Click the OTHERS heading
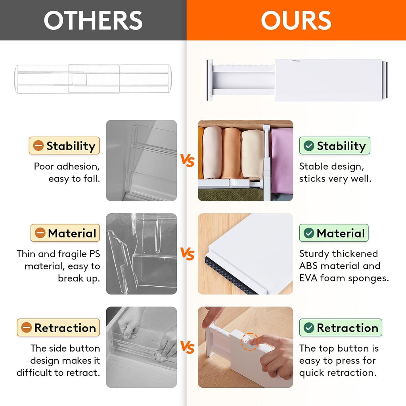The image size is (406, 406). (x=93, y=20)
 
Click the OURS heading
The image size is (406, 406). (x=296, y=20)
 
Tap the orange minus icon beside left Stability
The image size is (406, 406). (x=38, y=146)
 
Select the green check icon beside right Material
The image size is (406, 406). (x=309, y=233)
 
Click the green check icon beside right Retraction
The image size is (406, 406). (x=309, y=328)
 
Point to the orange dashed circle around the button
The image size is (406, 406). (x=250, y=341)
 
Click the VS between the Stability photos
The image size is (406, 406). (x=188, y=161)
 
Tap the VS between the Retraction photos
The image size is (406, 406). (x=188, y=348)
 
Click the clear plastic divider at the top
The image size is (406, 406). (x=94, y=79)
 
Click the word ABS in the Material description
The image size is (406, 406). (x=308, y=266)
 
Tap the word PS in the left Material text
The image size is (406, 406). (x=93, y=254)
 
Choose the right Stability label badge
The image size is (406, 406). (x=335, y=146)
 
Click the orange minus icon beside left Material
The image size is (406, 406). (x=40, y=233)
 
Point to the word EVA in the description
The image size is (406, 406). (x=308, y=278)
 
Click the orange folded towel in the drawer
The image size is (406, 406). (x=231, y=153)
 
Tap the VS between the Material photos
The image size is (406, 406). (x=188, y=254)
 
